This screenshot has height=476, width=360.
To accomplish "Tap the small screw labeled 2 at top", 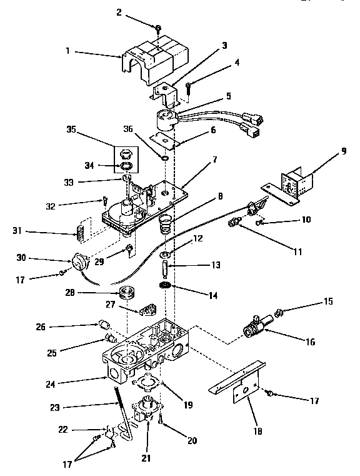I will (x=159, y=28).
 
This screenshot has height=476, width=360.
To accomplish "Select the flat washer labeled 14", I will (x=165, y=286).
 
